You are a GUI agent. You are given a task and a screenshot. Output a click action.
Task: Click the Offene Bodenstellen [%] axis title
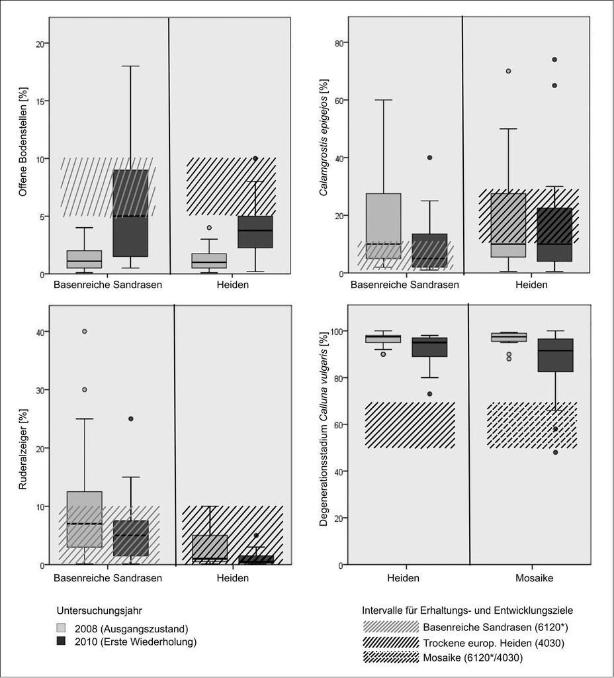[23, 142]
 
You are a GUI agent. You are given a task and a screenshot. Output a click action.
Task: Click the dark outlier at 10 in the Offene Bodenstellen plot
[255, 158]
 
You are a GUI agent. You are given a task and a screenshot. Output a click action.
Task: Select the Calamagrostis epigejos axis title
[323, 137]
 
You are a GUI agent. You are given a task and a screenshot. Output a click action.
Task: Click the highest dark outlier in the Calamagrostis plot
[554, 60]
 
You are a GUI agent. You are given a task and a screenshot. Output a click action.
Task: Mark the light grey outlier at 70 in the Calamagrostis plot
[508, 71]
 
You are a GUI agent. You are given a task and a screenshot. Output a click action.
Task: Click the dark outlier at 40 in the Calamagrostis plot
[429, 158]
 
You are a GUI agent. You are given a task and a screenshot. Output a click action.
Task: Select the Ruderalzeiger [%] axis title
[23, 450]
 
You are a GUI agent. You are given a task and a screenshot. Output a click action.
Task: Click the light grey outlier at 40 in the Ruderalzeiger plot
[85, 332]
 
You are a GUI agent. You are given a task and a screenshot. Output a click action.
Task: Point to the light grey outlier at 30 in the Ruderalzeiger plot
[85, 389]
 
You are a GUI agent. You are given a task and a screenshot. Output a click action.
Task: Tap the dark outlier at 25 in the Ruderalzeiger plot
[130, 418]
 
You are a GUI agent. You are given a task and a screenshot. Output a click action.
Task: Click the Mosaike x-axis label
[534, 578]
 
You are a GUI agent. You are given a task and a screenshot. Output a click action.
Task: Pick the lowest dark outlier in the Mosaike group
[555, 452]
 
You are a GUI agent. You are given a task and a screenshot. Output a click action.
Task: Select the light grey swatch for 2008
[62, 628]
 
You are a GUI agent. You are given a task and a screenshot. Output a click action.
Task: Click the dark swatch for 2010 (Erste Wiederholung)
[62, 641]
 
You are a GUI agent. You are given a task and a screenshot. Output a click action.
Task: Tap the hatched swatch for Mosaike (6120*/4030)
[391, 657]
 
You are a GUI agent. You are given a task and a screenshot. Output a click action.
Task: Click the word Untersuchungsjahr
[99, 610]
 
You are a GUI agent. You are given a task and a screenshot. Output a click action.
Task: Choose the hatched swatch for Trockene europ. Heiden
[391, 642]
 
